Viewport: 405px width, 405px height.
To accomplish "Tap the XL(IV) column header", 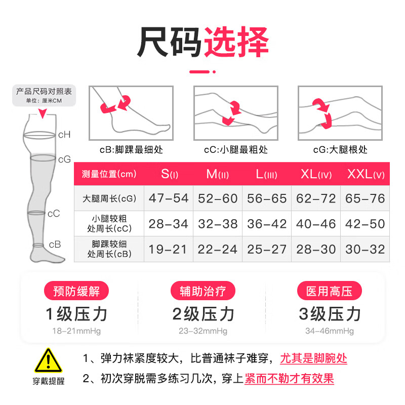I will pos(316,174).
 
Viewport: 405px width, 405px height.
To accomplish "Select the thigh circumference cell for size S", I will pos(168,198).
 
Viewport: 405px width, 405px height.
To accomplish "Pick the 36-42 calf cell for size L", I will pos(267,224).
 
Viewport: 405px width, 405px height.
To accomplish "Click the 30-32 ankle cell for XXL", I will pos(365,249).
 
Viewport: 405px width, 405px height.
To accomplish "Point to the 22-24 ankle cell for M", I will pos(218,249).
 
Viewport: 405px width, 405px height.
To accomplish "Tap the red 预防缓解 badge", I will pos(77,291).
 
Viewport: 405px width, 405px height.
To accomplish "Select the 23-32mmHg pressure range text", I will pos(203,331).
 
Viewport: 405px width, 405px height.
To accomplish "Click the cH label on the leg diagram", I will pos(64,135).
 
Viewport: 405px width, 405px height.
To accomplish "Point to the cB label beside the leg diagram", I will pos(55,244).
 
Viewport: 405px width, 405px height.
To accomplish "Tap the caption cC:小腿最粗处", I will pos(235,150).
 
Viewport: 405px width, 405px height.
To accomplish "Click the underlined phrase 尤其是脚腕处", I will pos(314,359).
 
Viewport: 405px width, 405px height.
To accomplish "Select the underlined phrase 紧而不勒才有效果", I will pos(289,378).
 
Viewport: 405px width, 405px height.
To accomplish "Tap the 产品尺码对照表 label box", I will pos(44,94).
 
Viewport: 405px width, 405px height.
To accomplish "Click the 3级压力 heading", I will pos(330,314).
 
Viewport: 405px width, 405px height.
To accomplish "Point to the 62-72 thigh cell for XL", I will pos(316,198).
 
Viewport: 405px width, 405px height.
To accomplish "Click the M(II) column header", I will pos(218,174).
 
